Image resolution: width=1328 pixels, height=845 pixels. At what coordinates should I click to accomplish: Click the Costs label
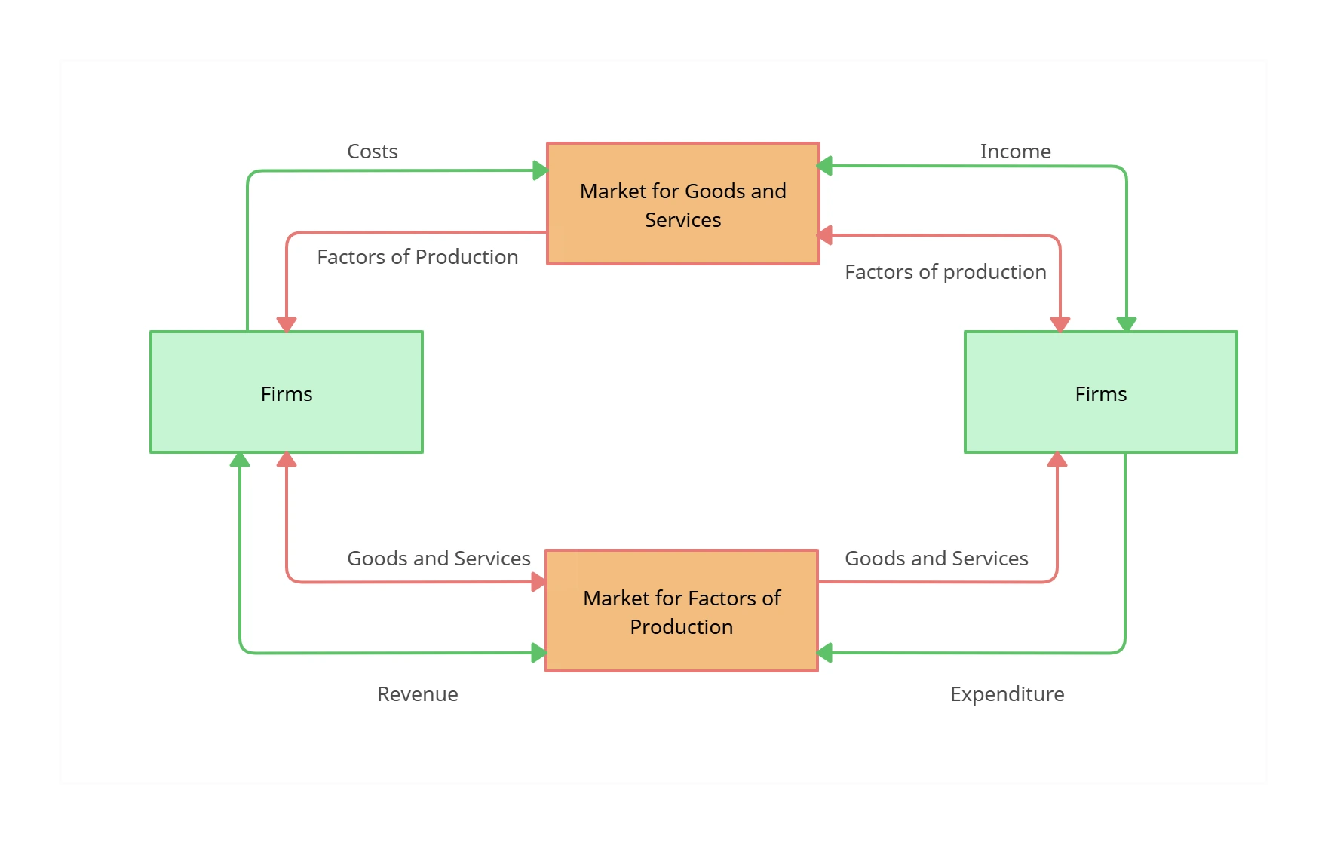(372, 152)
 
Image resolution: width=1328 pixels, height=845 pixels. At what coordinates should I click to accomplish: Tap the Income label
(1015, 152)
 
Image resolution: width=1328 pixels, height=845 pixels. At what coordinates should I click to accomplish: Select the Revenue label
(417, 694)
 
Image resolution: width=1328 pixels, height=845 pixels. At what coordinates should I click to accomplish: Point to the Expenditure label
(1007, 694)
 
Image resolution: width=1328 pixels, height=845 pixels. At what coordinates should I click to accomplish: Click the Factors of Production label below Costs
(417, 257)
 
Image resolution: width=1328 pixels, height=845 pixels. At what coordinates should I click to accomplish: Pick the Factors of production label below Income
(945, 272)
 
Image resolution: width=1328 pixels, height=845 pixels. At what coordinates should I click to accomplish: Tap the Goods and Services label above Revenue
(438, 559)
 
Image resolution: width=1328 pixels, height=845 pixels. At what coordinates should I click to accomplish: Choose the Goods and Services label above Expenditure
(936, 559)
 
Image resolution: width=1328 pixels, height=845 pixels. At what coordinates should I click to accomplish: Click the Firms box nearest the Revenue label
(287, 392)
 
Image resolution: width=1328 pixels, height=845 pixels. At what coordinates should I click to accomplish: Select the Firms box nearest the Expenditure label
(1101, 392)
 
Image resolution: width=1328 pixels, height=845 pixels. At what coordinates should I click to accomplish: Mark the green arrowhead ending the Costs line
(540, 170)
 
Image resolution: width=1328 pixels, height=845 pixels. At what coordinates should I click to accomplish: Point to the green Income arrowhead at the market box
(825, 166)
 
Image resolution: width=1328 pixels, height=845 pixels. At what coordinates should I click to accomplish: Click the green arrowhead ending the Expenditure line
(825, 653)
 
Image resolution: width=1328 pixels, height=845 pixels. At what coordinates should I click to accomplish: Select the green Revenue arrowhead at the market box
(538, 653)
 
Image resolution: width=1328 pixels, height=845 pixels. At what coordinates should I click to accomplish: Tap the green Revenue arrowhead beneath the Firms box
(240, 460)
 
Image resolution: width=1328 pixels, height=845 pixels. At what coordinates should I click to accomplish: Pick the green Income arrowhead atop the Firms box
(1127, 324)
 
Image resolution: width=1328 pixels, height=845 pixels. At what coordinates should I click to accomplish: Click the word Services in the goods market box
(682, 220)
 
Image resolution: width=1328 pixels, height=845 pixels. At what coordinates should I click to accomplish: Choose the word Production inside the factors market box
(681, 627)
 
